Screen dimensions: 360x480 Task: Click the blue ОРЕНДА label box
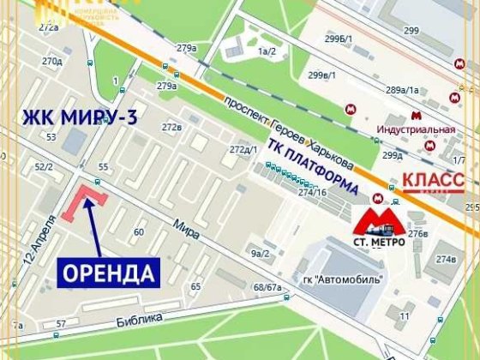pyautogui.click(x=109, y=273)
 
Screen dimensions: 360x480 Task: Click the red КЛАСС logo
pyautogui.click(x=433, y=181)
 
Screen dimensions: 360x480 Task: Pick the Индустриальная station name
pyautogui.click(x=417, y=130)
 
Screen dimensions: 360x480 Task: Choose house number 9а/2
pyautogui.click(x=260, y=253)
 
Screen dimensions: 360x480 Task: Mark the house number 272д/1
pyautogui.click(x=243, y=150)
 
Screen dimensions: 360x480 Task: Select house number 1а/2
pyautogui.click(x=265, y=52)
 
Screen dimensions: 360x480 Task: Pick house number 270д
pyautogui.click(x=52, y=61)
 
